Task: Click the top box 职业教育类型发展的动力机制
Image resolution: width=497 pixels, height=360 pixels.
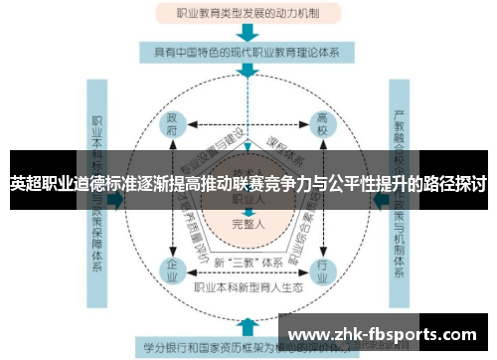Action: click(x=248, y=15)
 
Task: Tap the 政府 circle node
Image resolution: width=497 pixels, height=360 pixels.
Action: click(x=172, y=126)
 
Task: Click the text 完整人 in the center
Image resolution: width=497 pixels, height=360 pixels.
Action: click(x=248, y=225)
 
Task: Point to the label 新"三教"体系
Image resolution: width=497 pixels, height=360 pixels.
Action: click(x=248, y=262)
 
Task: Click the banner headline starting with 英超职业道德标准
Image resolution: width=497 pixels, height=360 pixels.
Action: click(x=248, y=184)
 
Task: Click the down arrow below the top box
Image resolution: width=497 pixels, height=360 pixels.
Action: click(x=248, y=33)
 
